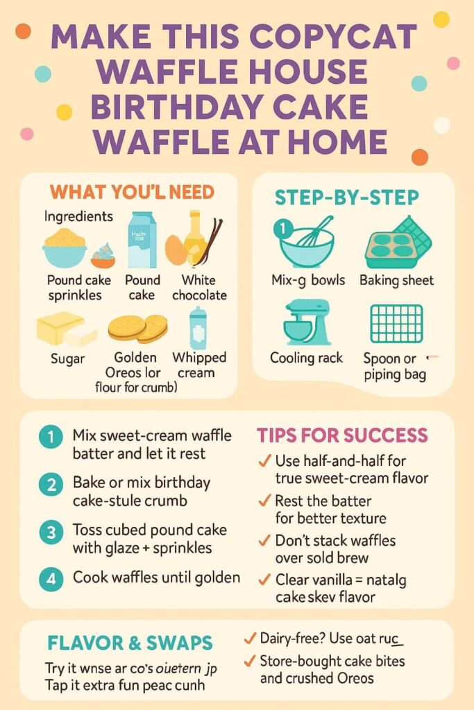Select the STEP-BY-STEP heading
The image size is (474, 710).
point(347,197)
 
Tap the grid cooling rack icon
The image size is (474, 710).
point(396,323)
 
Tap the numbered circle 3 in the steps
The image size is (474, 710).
point(51,533)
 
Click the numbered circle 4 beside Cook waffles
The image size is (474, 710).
point(51,578)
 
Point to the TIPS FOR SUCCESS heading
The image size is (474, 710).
point(342,435)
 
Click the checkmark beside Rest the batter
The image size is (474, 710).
point(264,501)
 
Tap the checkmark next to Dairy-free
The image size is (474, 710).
point(250,637)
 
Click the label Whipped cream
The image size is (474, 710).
point(199,365)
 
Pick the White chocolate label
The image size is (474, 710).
point(198,288)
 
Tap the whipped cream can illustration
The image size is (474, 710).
point(198,328)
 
